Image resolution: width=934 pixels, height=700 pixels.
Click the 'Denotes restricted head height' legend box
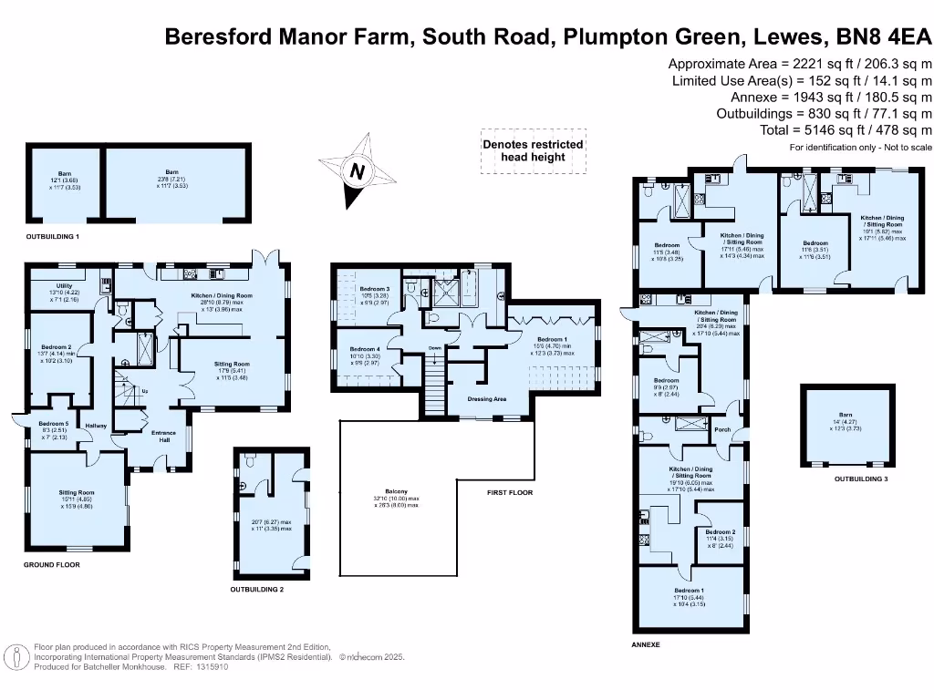click(x=533, y=151)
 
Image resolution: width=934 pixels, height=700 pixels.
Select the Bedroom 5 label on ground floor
click(x=54, y=424)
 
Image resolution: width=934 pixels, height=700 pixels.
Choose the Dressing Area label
click(x=486, y=398)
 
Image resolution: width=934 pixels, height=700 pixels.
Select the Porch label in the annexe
click(x=722, y=430)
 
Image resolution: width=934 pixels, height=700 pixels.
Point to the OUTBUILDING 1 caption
click(x=53, y=236)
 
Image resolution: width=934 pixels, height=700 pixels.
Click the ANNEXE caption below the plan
click(x=646, y=644)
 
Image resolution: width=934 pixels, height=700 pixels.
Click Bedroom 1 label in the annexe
click(x=690, y=591)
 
